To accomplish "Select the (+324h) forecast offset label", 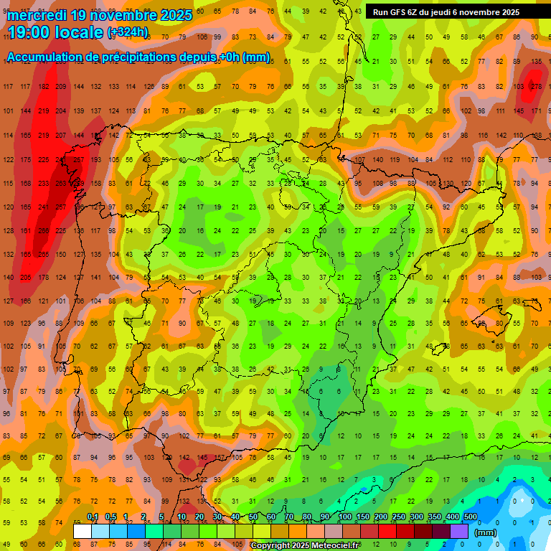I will coord(128,32).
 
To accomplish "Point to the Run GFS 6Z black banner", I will coord(446,12).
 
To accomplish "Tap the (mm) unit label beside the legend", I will coord(486,532).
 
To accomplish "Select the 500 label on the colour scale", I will coord(470,517).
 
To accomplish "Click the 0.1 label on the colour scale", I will coord(93,517).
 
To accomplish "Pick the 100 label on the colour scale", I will coord(344,517).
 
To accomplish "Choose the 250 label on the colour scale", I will coord(398,517).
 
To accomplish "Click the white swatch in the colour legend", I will coord(83,531).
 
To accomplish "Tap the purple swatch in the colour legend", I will coord(459,531).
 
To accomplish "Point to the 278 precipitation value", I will coord(535,87).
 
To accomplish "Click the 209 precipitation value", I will coord(61,87).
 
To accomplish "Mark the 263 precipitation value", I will coord(61,184).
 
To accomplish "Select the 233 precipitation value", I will coord(44,184).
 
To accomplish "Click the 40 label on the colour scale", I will coord(235,517).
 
